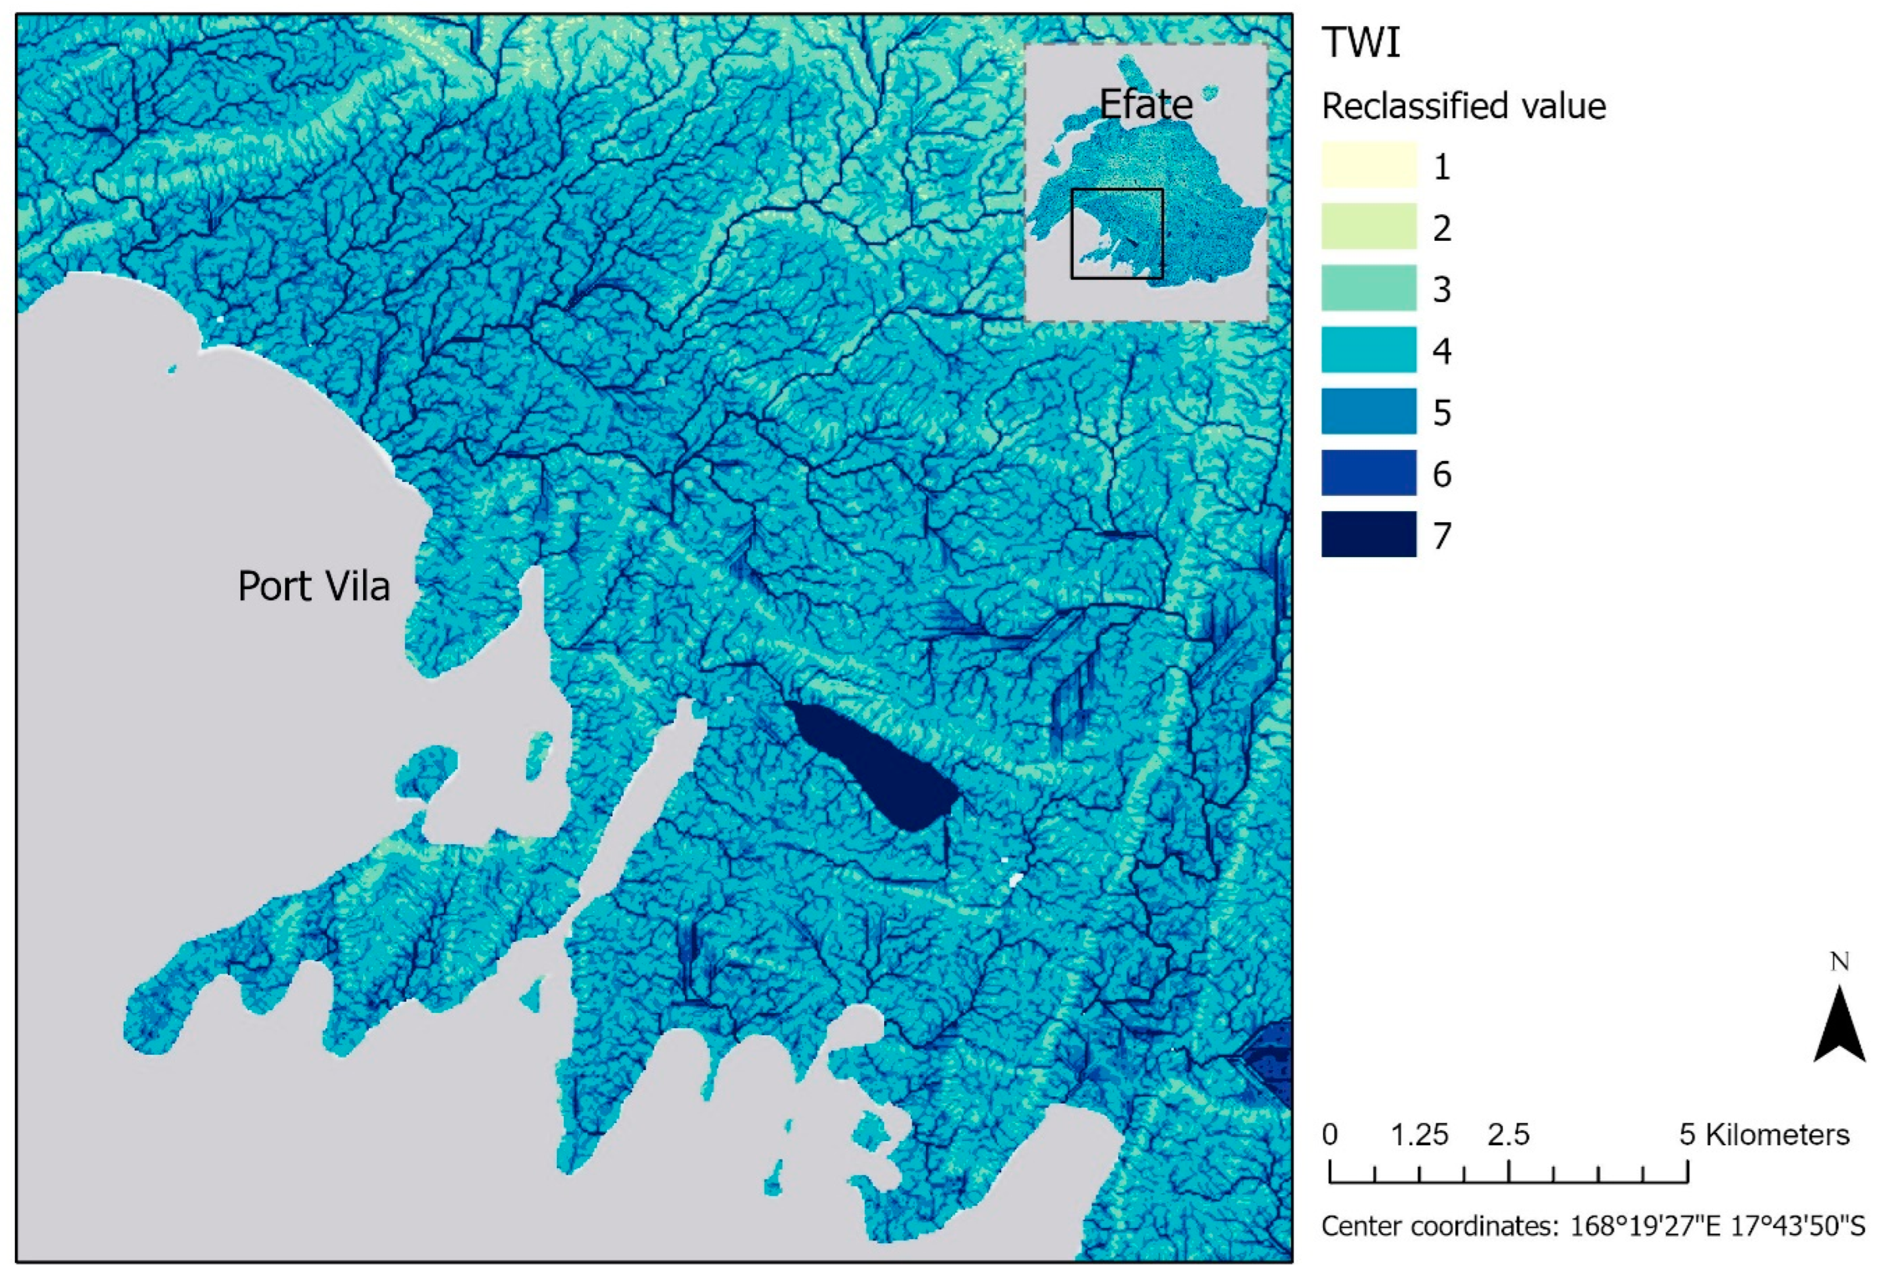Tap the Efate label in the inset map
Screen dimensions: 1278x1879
point(1146,104)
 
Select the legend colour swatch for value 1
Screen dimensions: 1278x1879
point(1369,165)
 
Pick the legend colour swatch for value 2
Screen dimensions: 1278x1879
point(1369,227)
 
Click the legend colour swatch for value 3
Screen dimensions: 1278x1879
point(1369,288)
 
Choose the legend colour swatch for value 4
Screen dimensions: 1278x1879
point(1369,349)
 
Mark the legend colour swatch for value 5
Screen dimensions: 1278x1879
point(1369,411)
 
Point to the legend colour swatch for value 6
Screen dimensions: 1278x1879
point(1369,472)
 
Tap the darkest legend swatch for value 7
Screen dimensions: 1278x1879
point(1369,534)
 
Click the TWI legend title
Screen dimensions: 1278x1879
point(1361,42)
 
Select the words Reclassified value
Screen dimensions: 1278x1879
point(1464,106)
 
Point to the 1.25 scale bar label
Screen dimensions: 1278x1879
point(1419,1135)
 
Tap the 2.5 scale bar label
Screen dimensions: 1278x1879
point(1508,1135)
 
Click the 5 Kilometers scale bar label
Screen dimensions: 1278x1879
point(1764,1135)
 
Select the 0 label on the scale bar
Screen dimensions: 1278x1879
point(1330,1135)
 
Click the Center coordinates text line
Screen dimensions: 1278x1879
point(1593,1226)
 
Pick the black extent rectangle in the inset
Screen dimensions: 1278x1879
point(1117,234)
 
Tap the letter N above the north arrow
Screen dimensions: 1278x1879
point(1839,962)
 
